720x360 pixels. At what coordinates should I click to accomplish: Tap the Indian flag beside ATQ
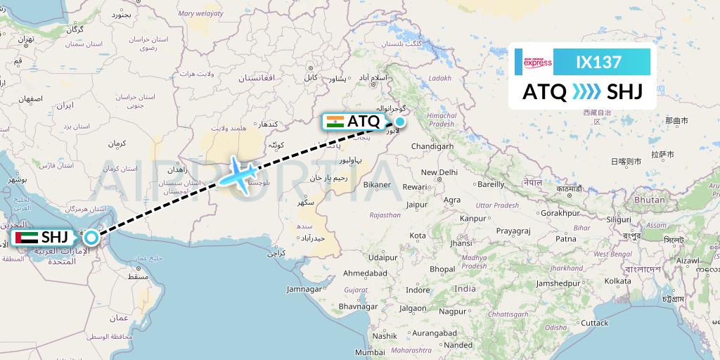tap(335, 121)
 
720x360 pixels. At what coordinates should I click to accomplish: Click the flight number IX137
tap(598, 62)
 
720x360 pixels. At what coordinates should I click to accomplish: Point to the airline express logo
tap(538, 62)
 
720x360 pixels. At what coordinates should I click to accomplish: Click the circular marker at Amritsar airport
tap(399, 121)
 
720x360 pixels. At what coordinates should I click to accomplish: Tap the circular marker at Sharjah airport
tap(91, 238)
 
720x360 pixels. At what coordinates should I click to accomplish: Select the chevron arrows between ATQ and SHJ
tap(586, 92)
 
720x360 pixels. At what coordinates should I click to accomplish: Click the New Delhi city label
tap(439, 172)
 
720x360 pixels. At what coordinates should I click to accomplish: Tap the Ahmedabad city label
tap(364, 273)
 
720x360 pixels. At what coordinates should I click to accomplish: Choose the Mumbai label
tap(370, 352)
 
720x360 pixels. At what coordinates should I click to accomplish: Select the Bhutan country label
tap(650, 200)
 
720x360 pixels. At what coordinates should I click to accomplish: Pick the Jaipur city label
tap(417, 205)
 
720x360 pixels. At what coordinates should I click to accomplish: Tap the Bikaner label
tap(378, 185)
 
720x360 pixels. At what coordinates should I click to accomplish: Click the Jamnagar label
tap(309, 289)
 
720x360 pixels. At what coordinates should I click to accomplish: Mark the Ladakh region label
tap(439, 78)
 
